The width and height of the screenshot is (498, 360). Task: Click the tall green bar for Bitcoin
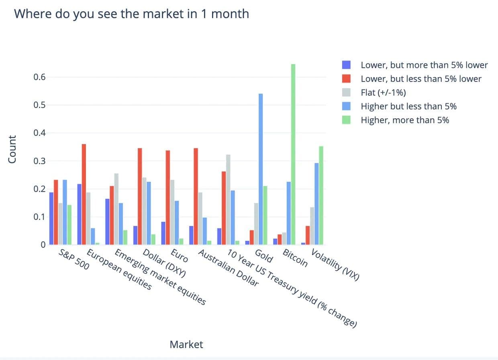(293, 155)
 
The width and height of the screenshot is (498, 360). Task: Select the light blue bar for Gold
(261, 169)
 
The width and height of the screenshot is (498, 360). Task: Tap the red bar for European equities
(84, 194)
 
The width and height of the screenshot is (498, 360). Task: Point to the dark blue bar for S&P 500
(51, 218)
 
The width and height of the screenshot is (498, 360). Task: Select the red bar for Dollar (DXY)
(140, 196)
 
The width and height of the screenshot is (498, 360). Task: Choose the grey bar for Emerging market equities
(116, 209)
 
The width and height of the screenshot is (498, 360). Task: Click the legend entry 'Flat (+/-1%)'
(383, 93)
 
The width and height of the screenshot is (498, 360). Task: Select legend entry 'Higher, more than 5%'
(405, 120)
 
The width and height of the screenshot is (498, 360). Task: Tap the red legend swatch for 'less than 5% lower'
(346, 79)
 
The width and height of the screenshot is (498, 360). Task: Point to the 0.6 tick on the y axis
(39, 77)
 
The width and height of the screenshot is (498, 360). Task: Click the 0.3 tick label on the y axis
(39, 161)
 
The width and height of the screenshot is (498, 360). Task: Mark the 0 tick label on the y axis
(43, 245)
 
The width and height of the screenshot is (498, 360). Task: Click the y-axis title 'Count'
(12, 149)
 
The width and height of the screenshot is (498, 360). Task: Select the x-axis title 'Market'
(186, 344)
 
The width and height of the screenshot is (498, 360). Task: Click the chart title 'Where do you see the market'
(131, 14)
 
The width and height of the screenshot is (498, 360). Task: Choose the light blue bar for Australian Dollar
(204, 231)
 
